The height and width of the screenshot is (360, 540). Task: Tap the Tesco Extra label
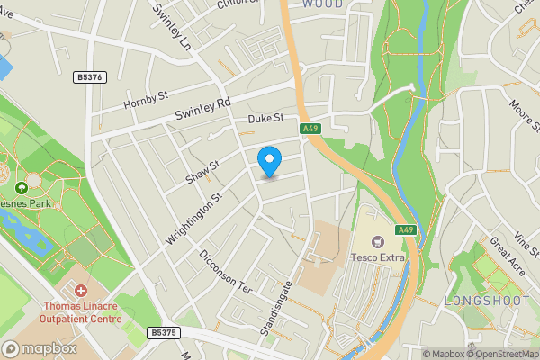point(378,258)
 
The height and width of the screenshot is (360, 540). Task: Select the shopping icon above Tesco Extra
point(378,241)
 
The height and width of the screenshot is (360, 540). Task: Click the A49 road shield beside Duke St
point(311,130)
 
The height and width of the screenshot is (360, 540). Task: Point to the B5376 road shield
point(91,78)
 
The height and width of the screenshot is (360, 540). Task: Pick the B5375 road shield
point(164,332)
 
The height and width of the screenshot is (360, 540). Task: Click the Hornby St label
point(146,99)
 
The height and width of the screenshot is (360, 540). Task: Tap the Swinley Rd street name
point(204,106)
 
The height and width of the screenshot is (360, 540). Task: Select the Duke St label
point(266,118)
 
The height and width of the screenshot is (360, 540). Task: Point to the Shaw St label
point(202,170)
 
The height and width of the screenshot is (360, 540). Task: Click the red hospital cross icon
point(81,291)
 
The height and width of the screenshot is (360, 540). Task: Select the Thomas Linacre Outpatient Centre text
point(81,311)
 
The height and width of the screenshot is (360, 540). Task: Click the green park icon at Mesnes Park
point(22,188)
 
